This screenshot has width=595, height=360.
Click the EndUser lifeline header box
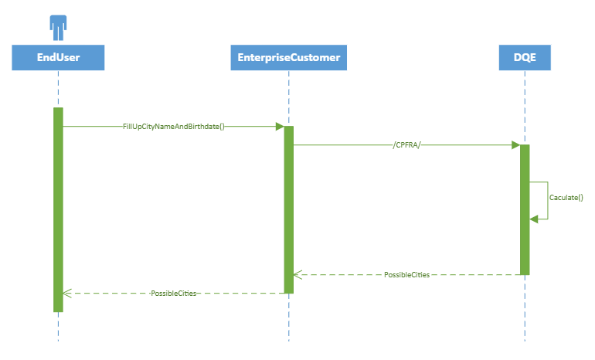coord(58,56)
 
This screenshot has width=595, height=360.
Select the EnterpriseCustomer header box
coord(288,56)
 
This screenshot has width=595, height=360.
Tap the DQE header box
coord(525,56)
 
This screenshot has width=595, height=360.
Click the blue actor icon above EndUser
coord(58,27)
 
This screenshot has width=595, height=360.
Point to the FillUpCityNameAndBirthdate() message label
coord(173,126)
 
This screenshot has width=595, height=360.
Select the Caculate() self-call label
coord(566,198)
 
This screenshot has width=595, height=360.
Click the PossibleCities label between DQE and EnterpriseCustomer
coord(406,274)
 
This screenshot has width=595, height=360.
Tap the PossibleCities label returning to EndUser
coord(173,294)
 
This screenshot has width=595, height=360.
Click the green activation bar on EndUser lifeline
coord(58,209)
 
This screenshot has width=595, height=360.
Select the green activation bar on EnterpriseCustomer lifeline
coord(288,209)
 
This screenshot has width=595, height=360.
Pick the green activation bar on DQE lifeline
coord(525,209)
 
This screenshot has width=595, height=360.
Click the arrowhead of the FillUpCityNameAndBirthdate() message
coord(280,126)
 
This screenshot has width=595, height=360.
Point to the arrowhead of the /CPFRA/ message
coord(515,144)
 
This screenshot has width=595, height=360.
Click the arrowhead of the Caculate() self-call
coord(533,219)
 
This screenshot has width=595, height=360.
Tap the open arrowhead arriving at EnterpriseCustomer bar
coord(298,274)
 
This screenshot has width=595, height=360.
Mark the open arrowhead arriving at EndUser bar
coord(67,294)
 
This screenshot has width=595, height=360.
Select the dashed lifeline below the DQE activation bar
coord(525,309)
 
